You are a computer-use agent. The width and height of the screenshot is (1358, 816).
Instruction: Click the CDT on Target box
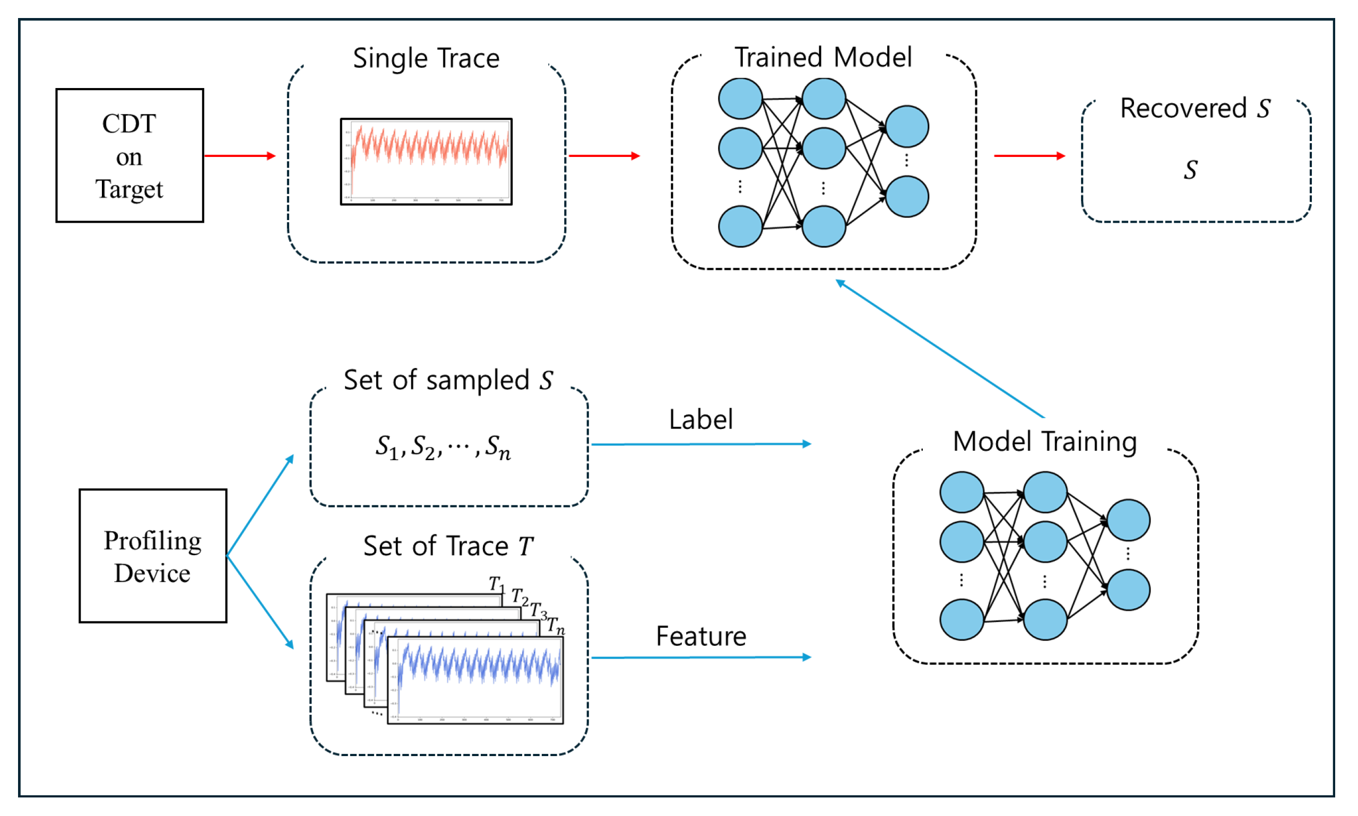(x=129, y=155)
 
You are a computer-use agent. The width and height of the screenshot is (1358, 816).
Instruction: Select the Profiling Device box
(x=152, y=556)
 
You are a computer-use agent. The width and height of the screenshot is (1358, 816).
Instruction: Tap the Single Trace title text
(x=426, y=58)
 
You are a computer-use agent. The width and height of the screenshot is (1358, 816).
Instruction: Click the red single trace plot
(x=426, y=161)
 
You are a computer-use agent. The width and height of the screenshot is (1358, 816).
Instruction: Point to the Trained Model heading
(x=823, y=57)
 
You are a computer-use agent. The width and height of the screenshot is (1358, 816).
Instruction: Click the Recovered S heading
(x=1195, y=108)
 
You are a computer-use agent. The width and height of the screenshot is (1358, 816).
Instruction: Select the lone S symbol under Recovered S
(x=1190, y=169)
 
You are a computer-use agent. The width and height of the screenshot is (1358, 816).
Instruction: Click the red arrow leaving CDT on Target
(x=239, y=155)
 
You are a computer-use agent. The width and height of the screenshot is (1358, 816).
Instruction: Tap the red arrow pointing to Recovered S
(x=1029, y=155)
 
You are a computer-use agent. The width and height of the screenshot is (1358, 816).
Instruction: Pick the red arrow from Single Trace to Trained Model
(x=603, y=155)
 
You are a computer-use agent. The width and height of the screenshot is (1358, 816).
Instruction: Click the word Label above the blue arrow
(x=700, y=419)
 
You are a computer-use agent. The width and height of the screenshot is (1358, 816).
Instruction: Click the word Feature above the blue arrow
(x=700, y=636)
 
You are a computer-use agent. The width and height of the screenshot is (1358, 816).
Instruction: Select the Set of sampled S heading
(x=448, y=380)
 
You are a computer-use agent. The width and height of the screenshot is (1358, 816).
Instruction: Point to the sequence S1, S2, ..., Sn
(x=443, y=446)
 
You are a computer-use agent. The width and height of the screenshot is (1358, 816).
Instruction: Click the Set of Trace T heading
(x=448, y=546)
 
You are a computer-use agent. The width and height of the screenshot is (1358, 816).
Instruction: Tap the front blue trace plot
(x=475, y=680)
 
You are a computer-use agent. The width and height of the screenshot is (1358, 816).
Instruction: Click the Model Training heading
(x=1044, y=442)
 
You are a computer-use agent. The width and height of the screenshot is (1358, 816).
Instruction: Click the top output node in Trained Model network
(x=907, y=127)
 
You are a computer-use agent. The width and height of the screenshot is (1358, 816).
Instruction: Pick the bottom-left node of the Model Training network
(x=961, y=620)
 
